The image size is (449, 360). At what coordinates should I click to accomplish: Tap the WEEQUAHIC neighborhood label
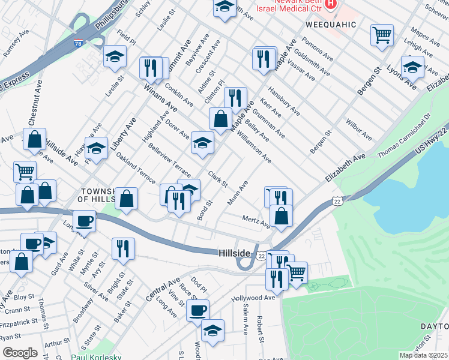[331, 25]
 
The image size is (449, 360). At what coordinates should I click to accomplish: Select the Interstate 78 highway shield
[79, 44]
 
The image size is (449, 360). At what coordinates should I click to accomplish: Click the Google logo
[20, 352]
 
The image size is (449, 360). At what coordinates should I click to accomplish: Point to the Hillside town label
[234, 254]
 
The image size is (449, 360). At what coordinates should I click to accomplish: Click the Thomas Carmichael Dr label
[403, 136]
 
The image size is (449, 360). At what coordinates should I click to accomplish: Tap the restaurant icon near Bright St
[123, 248]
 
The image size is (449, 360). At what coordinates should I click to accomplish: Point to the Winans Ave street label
[160, 98]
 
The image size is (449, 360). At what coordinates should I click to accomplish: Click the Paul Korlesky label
[96, 356]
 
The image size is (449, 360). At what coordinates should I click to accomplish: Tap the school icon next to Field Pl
[115, 56]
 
